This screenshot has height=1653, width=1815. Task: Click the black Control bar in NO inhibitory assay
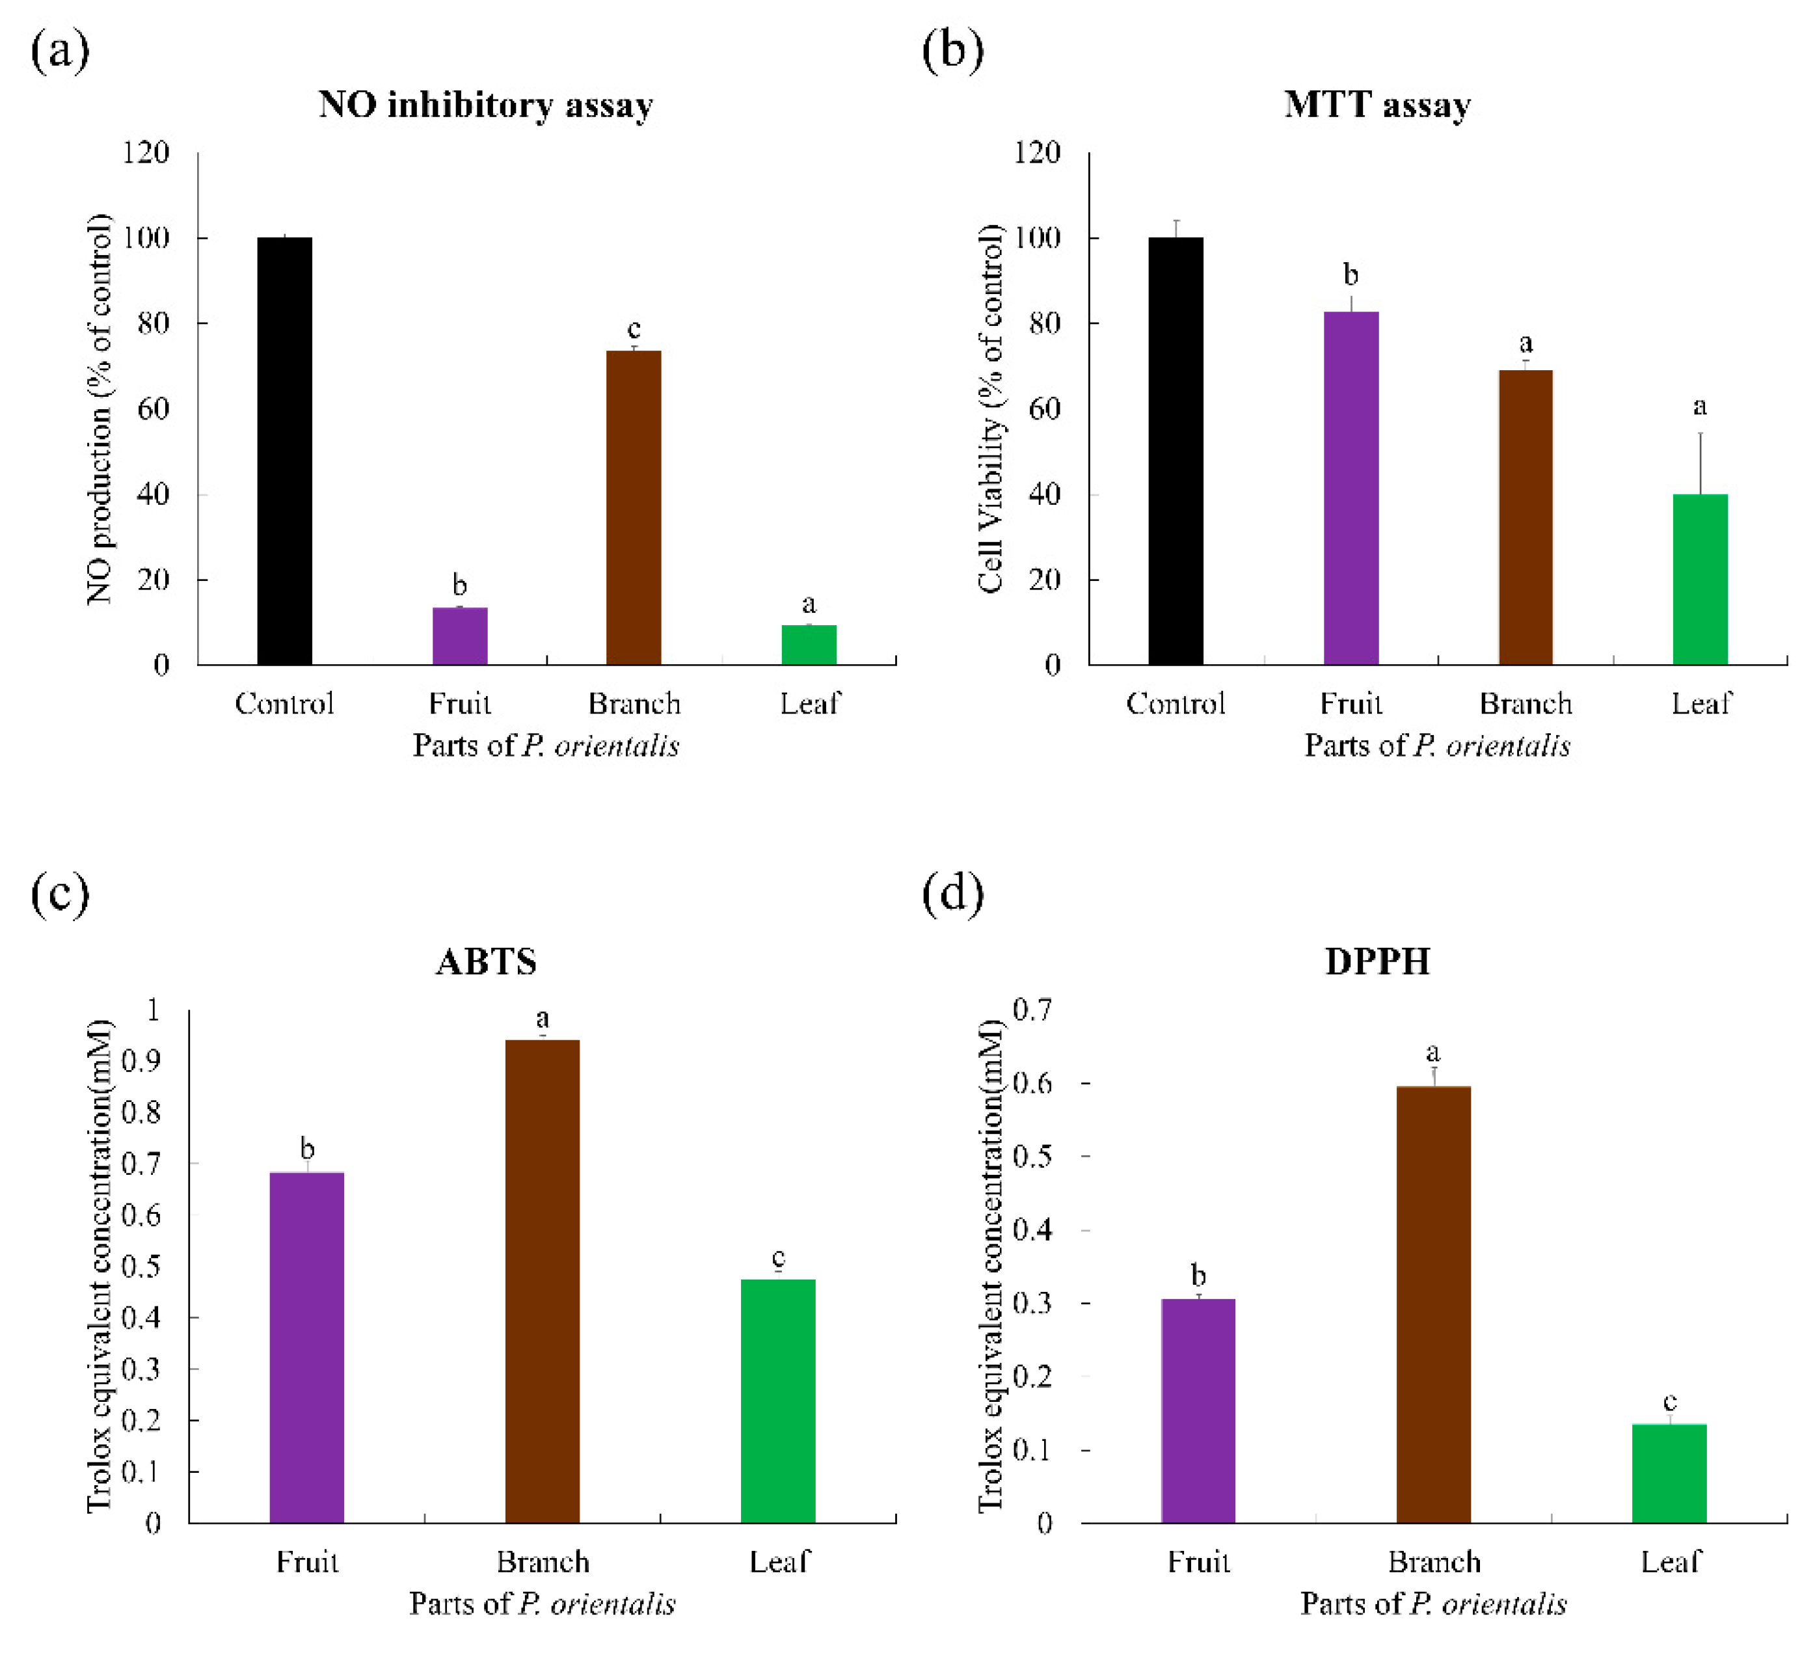point(284,450)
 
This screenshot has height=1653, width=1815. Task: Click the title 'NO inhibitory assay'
point(485,105)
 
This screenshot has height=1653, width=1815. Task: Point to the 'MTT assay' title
point(1377,105)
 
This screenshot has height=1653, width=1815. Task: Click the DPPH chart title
point(1377,961)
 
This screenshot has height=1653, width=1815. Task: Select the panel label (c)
point(59,894)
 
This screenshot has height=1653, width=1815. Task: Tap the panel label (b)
point(952,51)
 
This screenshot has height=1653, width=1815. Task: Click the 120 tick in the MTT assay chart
point(1037,153)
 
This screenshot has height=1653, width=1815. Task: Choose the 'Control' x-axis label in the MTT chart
point(1175,703)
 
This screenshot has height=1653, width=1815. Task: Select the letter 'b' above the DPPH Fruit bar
point(1198,1275)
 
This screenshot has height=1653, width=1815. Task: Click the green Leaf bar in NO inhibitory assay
point(809,645)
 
